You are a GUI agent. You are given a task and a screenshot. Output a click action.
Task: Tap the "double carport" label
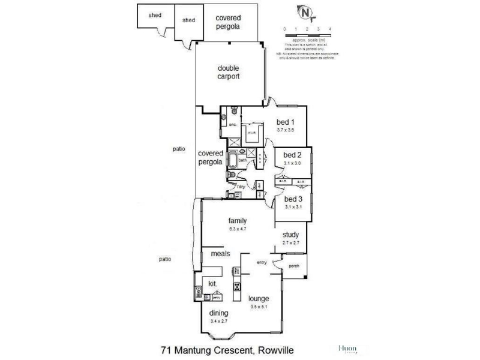[x=229, y=73]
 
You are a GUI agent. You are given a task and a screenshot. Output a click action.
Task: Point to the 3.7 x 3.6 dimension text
[x=286, y=130]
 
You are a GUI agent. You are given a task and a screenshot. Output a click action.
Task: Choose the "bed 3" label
[x=292, y=199]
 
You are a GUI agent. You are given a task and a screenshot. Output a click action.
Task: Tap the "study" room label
[x=291, y=235]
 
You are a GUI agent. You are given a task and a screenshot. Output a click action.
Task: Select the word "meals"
[x=220, y=254]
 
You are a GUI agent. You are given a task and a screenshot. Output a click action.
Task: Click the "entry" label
[x=262, y=263]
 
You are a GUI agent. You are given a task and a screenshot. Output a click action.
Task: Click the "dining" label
[x=219, y=313]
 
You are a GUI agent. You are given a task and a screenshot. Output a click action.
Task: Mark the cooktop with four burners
[x=238, y=286]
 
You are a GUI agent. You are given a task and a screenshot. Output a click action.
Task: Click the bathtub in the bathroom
[x=232, y=160]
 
